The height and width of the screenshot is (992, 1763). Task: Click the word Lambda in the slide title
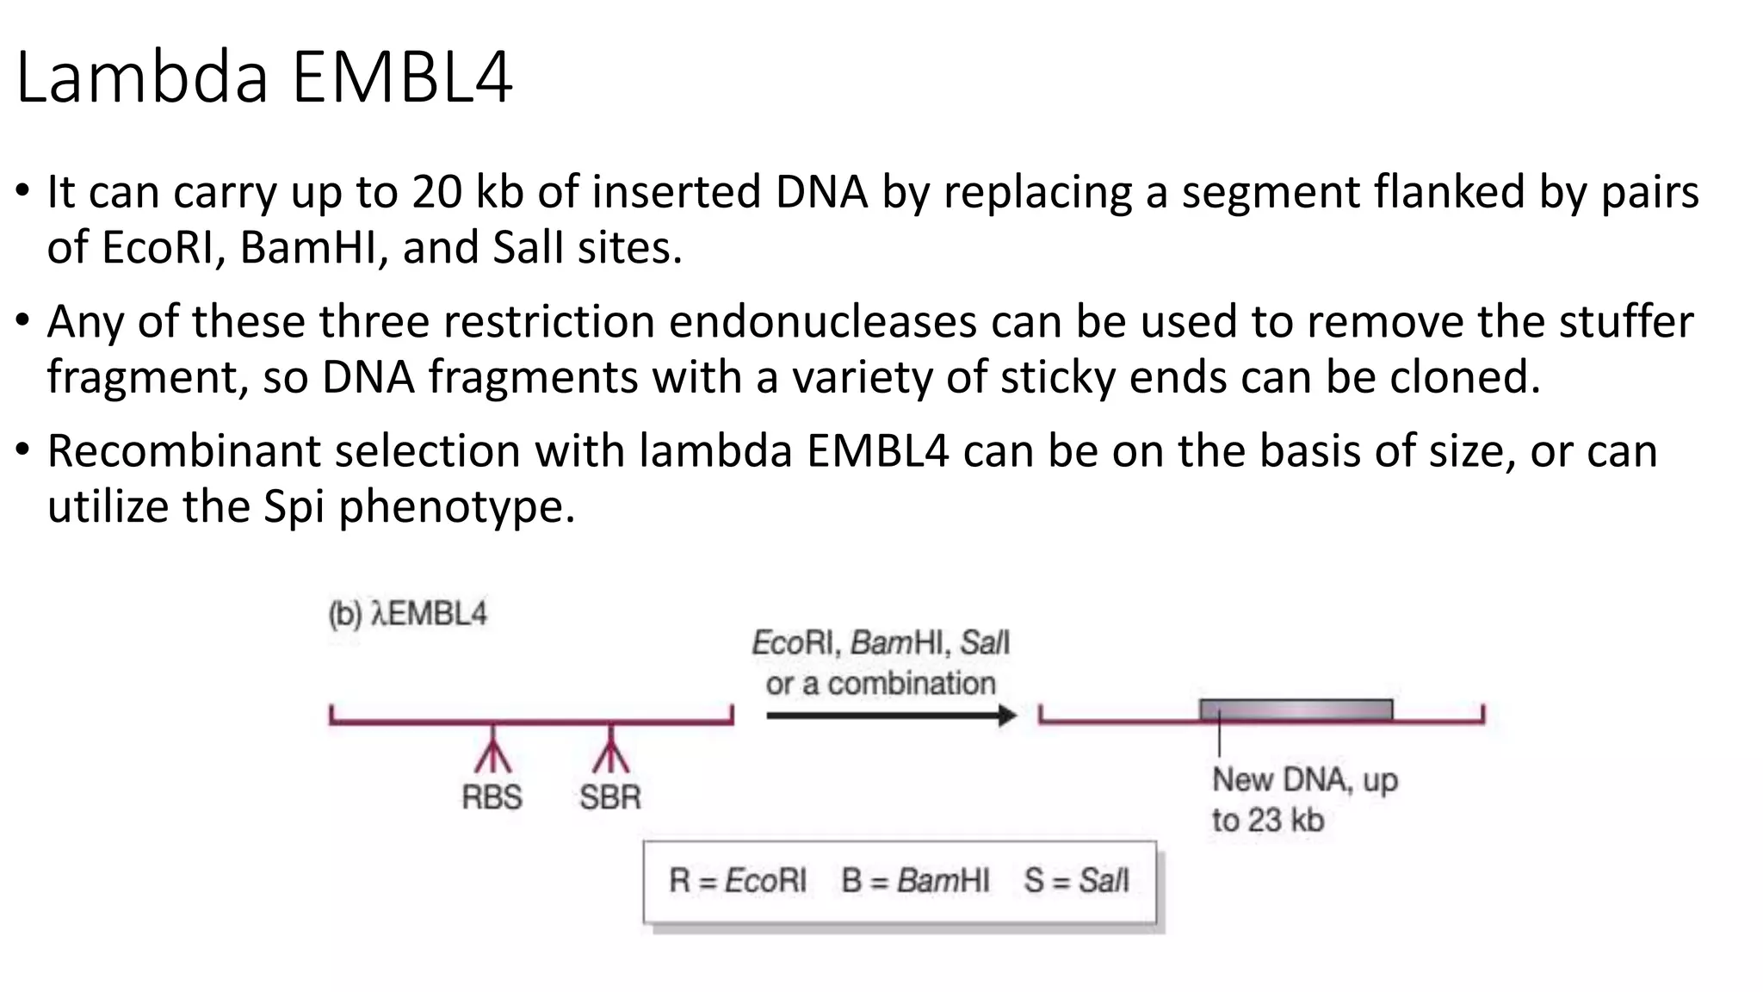tap(142, 77)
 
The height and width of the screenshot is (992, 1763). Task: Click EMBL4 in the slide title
tap(402, 77)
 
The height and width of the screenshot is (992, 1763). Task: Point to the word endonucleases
tap(822, 321)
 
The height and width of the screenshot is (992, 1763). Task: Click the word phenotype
tap(456, 507)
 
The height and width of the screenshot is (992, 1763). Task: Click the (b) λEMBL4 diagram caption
tap(408, 614)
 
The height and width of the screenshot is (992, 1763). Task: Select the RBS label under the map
tap(492, 797)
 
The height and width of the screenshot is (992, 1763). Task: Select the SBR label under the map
tap(609, 797)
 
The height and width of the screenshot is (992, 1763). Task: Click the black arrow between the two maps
tap(890, 715)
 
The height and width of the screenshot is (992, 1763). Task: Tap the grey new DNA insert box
tap(1296, 710)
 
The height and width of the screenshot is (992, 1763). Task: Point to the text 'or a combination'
tap(881, 684)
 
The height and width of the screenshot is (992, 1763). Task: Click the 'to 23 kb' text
tap(1267, 820)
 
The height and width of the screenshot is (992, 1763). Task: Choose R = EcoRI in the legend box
tap(738, 880)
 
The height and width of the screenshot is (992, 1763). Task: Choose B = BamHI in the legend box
tap(915, 880)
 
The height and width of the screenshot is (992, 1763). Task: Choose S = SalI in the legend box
tap(1076, 880)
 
